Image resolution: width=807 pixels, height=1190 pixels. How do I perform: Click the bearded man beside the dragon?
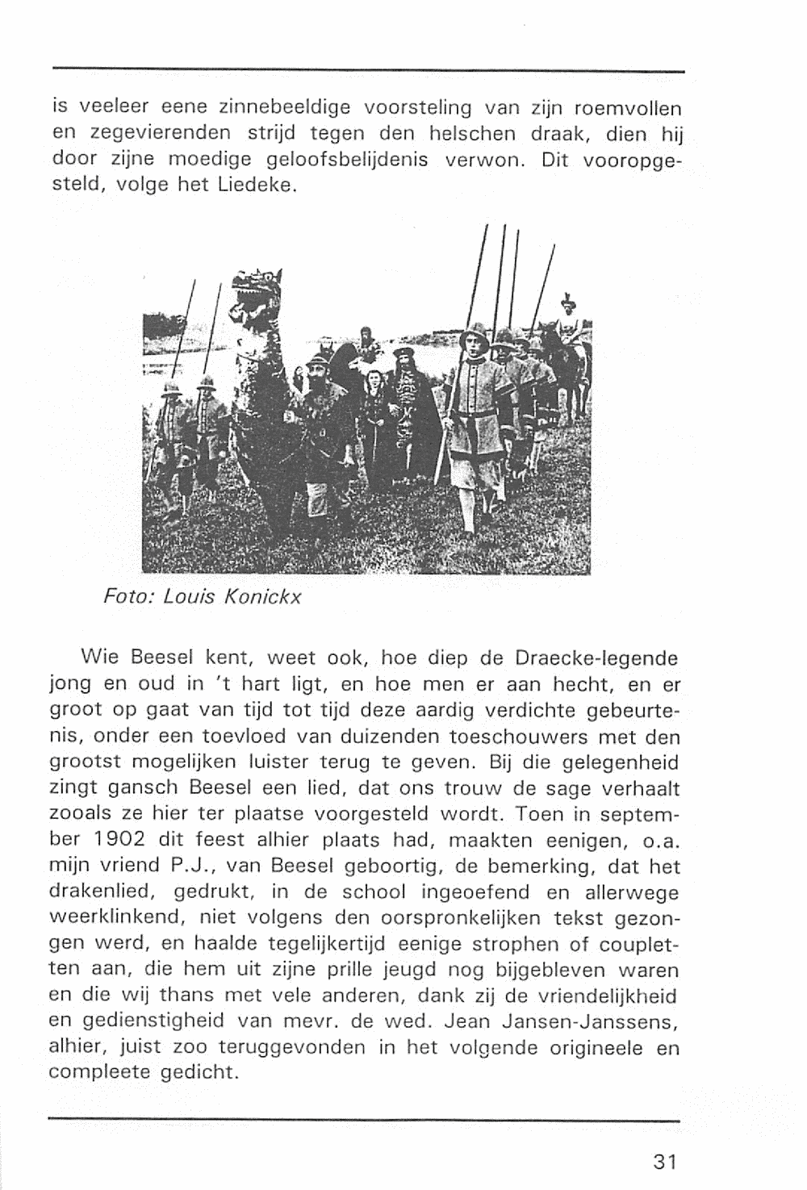[x=316, y=395]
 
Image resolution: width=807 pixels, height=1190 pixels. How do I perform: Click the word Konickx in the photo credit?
[x=261, y=598]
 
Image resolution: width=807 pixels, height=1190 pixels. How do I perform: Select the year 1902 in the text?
[x=120, y=839]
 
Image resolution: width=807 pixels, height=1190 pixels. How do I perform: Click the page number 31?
[x=664, y=1162]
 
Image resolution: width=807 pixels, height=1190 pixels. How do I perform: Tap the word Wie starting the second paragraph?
[x=102, y=658]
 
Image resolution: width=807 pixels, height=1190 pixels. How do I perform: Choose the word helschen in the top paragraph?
[x=467, y=133]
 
